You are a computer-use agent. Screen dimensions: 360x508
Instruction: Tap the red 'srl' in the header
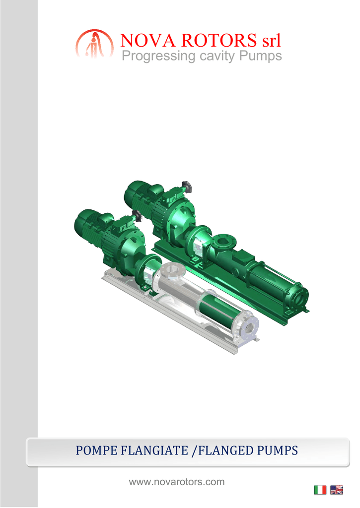(x=271, y=41)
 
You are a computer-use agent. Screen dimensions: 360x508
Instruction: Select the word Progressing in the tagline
(x=158, y=56)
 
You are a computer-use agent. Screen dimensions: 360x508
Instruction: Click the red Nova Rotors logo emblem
(x=95, y=44)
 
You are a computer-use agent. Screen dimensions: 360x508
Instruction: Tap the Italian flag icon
(x=320, y=490)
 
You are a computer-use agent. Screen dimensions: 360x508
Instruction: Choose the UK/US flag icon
(x=336, y=490)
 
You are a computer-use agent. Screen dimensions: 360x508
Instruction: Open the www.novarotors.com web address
(x=177, y=482)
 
